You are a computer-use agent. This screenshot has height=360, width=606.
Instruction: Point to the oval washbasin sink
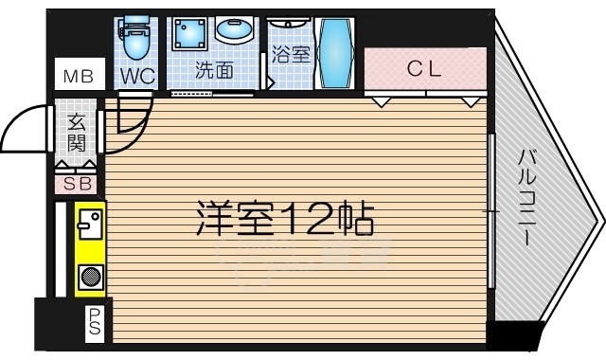[x=233, y=31]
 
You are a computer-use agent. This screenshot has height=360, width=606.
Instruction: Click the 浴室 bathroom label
[x=291, y=55]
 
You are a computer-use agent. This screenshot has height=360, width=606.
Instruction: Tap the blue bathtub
[x=335, y=54]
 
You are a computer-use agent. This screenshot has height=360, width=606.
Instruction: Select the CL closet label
[x=424, y=68]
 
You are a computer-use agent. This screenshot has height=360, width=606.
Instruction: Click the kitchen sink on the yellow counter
[x=90, y=225]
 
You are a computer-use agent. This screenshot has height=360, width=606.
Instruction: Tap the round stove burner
[x=91, y=279]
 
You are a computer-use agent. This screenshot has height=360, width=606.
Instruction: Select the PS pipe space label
[x=97, y=323]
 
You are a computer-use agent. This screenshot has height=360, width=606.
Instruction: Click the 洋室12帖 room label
[x=285, y=220]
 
